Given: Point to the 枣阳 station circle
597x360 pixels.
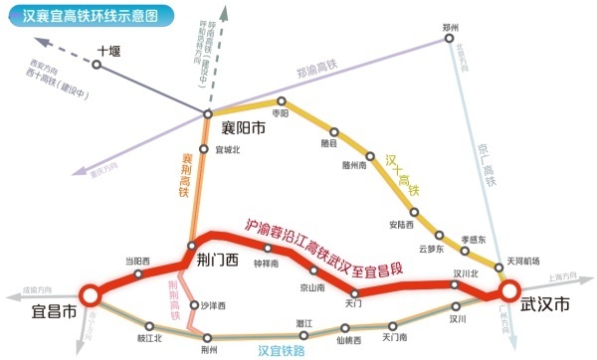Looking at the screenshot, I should pyautogui.click(x=282, y=100).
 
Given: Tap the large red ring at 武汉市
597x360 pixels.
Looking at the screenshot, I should pyautogui.click(x=508, y=291).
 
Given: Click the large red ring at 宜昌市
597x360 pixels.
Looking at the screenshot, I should pyautogui.click(x=90, y=294).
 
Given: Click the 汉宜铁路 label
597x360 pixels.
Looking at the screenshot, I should pyautogui.click(x=280, y=350).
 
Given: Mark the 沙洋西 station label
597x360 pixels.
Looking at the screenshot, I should pyautogui.click(x=214, y=305).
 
